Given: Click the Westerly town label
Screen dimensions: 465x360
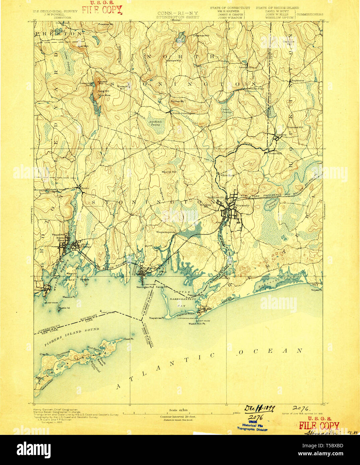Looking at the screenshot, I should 243,205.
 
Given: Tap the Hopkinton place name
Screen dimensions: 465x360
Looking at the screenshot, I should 298,81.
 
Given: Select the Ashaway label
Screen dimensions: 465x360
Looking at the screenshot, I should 280,135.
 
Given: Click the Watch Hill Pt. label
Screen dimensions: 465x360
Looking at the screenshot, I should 197,323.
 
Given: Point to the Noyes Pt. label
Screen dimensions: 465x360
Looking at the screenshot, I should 316,290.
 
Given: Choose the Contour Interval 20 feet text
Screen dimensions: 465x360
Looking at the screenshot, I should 178,416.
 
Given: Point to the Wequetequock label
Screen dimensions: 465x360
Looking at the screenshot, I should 165,231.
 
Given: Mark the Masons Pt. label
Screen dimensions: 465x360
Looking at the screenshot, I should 69,297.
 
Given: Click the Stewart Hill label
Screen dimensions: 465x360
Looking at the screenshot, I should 173,61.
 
